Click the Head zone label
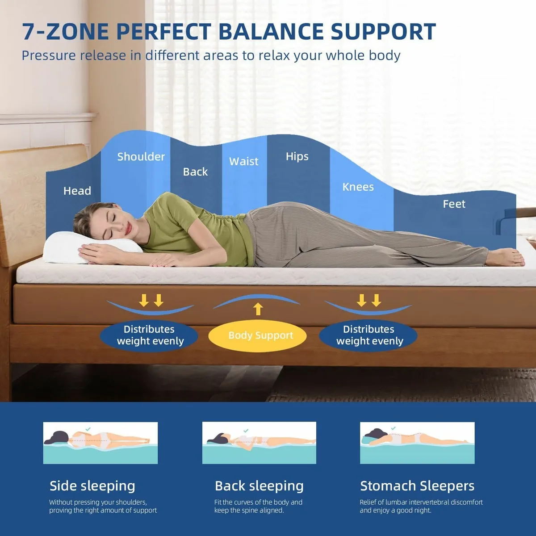(x=77, y=191)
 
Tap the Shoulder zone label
(x=141, y=157)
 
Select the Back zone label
(x=195, y=172)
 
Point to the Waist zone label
(x=243, y=161)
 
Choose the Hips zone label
(x=297, y=156)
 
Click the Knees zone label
(x=358, y=187)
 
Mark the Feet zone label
(x=454, y=204)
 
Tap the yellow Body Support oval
(x=258, y=336)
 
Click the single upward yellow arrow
(x=258, y=309)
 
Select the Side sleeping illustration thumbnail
(x=100, y=443)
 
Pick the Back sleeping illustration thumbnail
(x=259, y=443)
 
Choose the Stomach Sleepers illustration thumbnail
(x=417, y=443)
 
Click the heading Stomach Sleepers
(x=417, y=486)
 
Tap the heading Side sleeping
(x=92, y=486)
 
